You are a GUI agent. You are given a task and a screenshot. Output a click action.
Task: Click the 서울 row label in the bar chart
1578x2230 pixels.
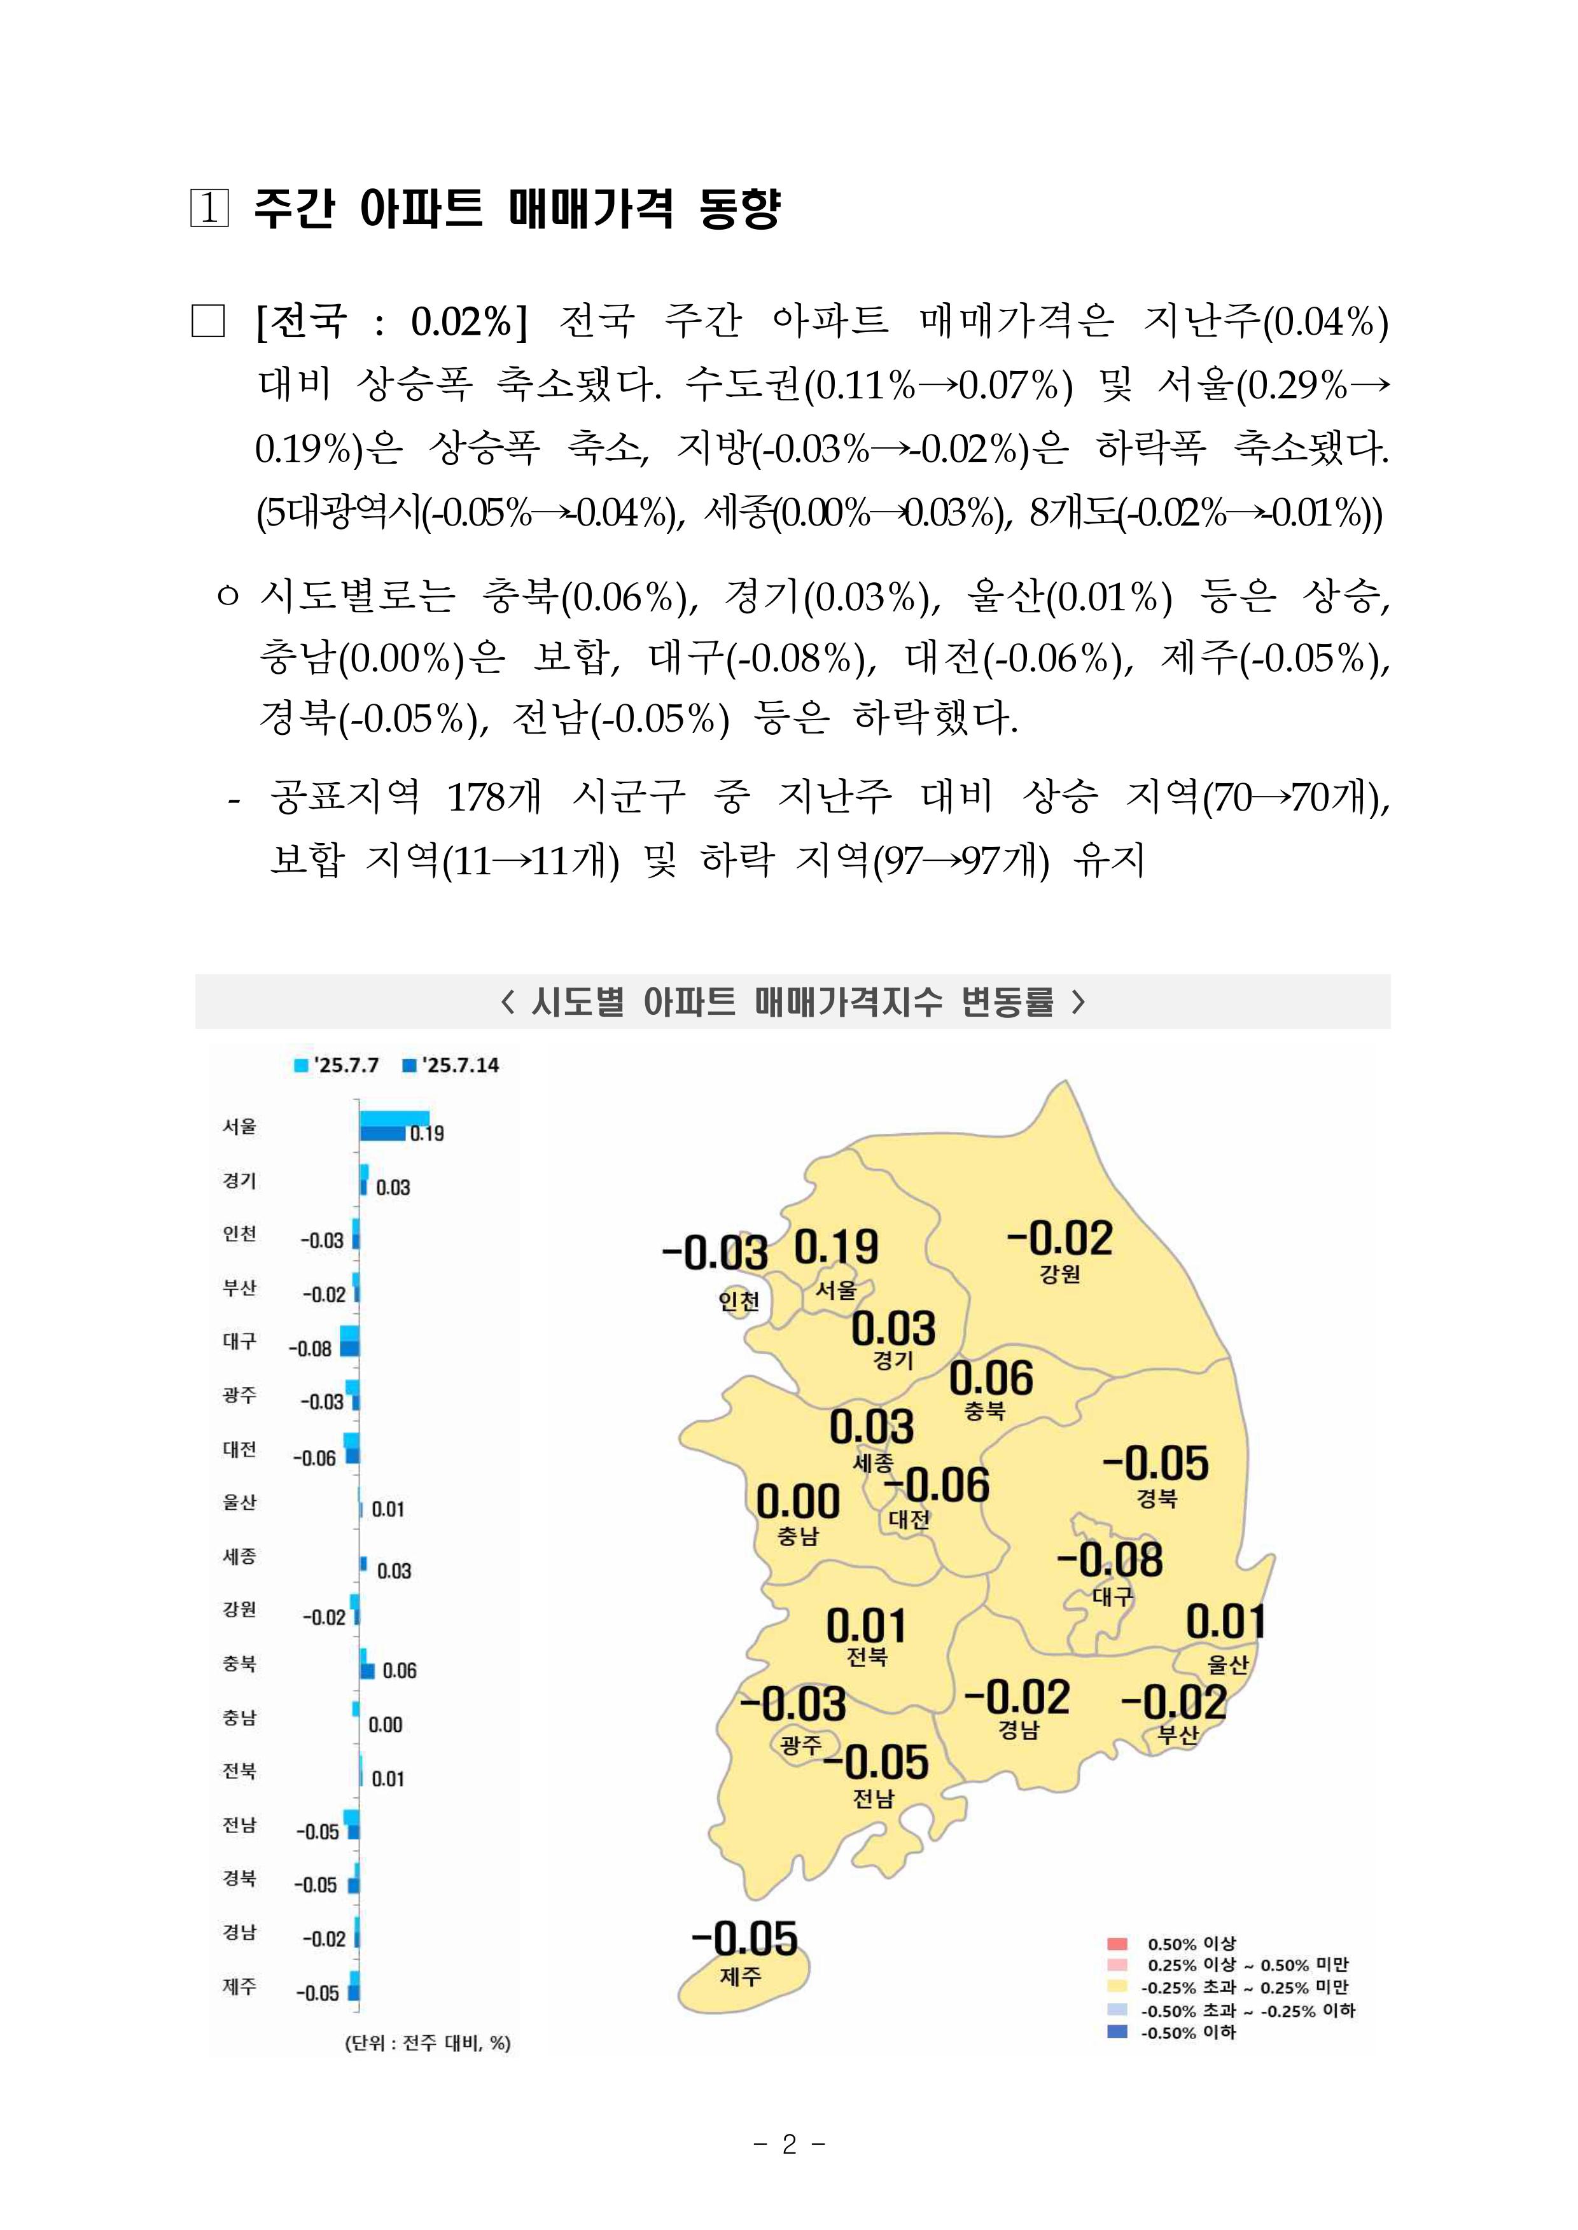tap(239, 1126)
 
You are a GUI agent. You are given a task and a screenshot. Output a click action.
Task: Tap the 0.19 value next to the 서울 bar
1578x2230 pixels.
tap(426, 1133)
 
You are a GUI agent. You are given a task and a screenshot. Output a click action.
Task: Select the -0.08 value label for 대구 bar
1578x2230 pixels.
tap(310, 1349)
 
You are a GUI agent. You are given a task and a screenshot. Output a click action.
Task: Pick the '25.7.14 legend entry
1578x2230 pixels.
tap(451, 1065)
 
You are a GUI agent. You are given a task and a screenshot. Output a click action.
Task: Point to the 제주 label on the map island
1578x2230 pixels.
tap(741, 1976)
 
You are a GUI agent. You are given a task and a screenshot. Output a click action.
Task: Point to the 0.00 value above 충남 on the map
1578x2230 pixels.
tap(798, 1502)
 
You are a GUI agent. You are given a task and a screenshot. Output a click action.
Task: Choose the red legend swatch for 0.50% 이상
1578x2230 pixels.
tap(1117, 1943)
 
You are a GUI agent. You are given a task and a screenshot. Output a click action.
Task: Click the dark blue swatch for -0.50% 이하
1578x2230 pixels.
tap(1117, 2031)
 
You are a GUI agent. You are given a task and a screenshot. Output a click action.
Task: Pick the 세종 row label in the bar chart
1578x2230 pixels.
tap(239, 1557)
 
